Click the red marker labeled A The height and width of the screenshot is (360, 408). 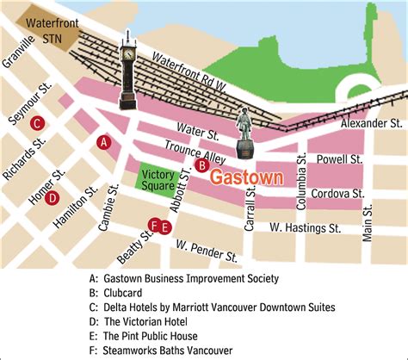tap(103, 141)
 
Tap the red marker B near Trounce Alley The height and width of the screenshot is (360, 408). tap(201, 164)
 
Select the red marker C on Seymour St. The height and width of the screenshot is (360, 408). tap(36, 124)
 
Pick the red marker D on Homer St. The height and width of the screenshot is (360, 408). tap(52, 198)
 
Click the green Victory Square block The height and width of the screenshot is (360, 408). tap(157, 179)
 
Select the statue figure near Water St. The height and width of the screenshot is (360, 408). tap(244, 133)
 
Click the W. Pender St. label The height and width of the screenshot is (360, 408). tap(207, 251)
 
